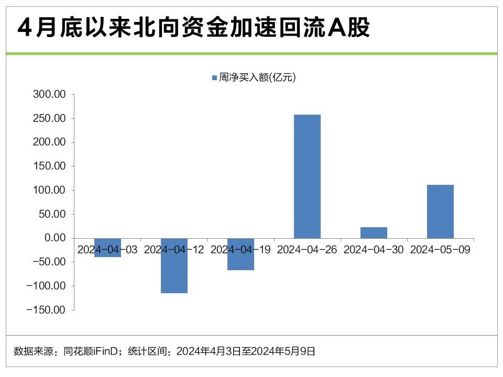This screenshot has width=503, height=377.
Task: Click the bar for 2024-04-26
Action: coord(307,176)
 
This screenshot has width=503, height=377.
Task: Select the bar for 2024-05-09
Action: coord(440,212)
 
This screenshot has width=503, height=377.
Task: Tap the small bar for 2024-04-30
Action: coord(374,232)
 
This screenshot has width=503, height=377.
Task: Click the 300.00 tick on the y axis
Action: coord(49,95)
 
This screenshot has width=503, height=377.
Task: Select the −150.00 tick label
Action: coord(46,310)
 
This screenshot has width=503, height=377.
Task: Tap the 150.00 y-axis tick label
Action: coord(49,167)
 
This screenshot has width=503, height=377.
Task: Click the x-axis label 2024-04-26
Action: coord(307,250)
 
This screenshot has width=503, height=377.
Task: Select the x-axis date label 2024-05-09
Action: coord(440,250)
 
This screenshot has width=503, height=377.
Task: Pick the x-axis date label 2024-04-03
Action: coord(107,250)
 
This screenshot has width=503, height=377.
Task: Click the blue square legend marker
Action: coord(214,78)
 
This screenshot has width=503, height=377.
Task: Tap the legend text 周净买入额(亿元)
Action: coord(258,78)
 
